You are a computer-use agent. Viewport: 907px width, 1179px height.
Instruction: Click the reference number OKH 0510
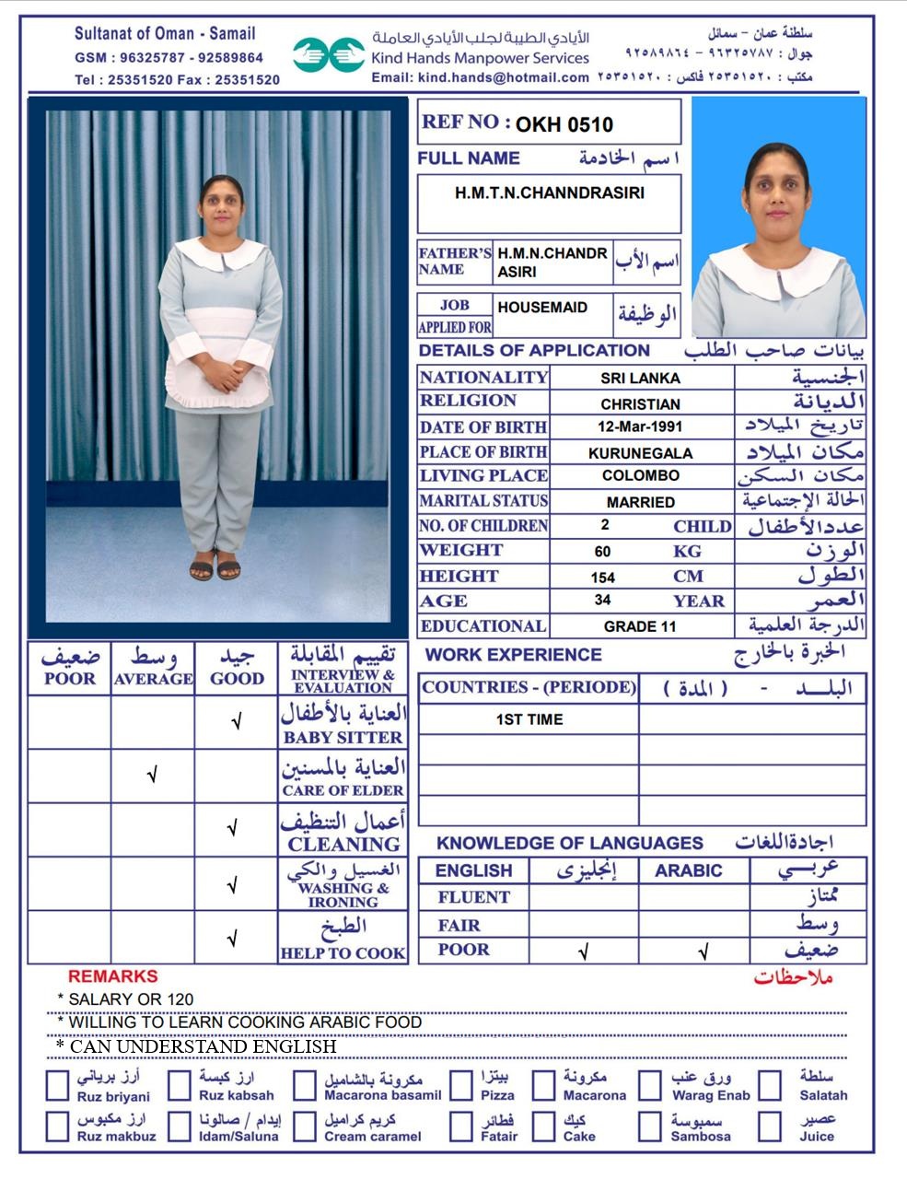[x=564, y=124]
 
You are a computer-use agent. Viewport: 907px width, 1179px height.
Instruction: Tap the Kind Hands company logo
[x=329, y=54]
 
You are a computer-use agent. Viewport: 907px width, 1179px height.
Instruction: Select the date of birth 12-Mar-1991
[x=640, y=427]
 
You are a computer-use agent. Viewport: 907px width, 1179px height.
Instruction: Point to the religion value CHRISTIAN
[x=640, y=403]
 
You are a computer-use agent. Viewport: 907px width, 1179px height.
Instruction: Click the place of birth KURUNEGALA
[x=640, y=452]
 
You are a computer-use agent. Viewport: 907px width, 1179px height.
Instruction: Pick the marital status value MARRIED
[x=640, y=502]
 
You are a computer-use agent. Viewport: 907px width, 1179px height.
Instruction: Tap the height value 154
[x=603, y=578]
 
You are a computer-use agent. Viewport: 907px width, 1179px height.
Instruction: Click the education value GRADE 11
[x=640, y=626]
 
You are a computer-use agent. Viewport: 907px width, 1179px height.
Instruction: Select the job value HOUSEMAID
[x=541, y=308]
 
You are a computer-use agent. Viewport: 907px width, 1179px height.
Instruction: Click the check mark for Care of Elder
[x=152, y=776]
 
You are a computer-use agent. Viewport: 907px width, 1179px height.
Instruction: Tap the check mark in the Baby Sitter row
[x=236, y=722]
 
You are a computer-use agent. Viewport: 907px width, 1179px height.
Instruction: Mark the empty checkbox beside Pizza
[x=461, y=1086]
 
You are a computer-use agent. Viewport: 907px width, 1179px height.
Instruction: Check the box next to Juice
[x=770, y=1126]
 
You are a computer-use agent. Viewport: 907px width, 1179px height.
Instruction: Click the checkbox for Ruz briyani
[x=58, y=1086]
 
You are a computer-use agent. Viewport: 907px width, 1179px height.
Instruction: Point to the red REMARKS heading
[x=112, y=976]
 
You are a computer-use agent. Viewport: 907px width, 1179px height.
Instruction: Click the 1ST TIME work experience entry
[x=529, y=719]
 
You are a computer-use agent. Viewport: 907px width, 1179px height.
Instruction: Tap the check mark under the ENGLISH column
[x=583, y=951]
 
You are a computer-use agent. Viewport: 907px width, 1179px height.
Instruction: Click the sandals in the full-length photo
[x=215, y=570]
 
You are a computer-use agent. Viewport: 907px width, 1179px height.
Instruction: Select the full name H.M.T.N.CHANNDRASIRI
[x=549, y=193]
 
